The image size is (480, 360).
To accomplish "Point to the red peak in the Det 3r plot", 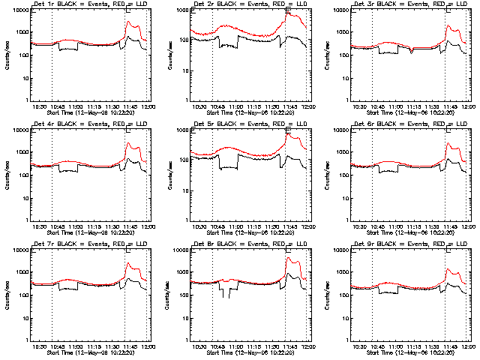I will coord(448,26).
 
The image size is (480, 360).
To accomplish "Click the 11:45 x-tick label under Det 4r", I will coord(130,226).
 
